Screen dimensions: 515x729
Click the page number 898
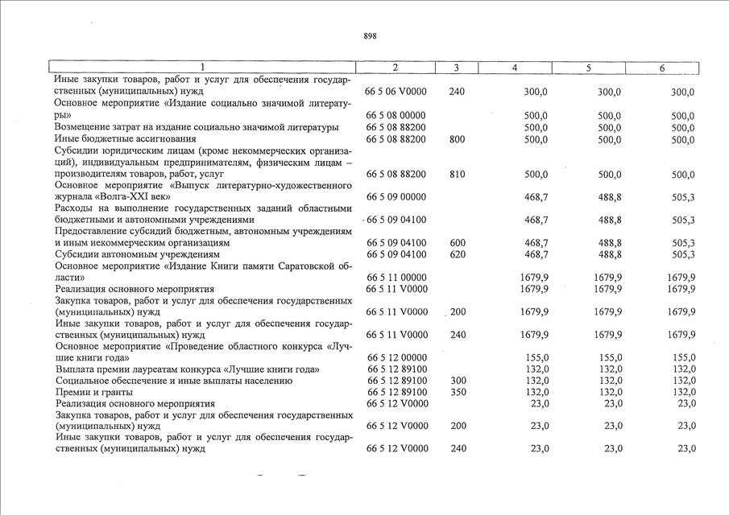(x=370, y=36)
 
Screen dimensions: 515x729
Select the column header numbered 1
(x=202, y=68)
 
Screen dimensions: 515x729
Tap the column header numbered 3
(x=456, y=68)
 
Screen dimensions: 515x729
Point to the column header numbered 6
(x=662, y=68)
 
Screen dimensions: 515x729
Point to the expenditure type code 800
(x=457, y=139)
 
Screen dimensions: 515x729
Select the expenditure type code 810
(x=457, y=174)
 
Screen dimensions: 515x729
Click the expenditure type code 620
(x=457, y=254)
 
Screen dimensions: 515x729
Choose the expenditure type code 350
(x=457, y=392)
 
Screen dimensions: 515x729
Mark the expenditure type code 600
(x=457, y=242)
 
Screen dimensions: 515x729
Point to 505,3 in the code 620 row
(x=682, y=254)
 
